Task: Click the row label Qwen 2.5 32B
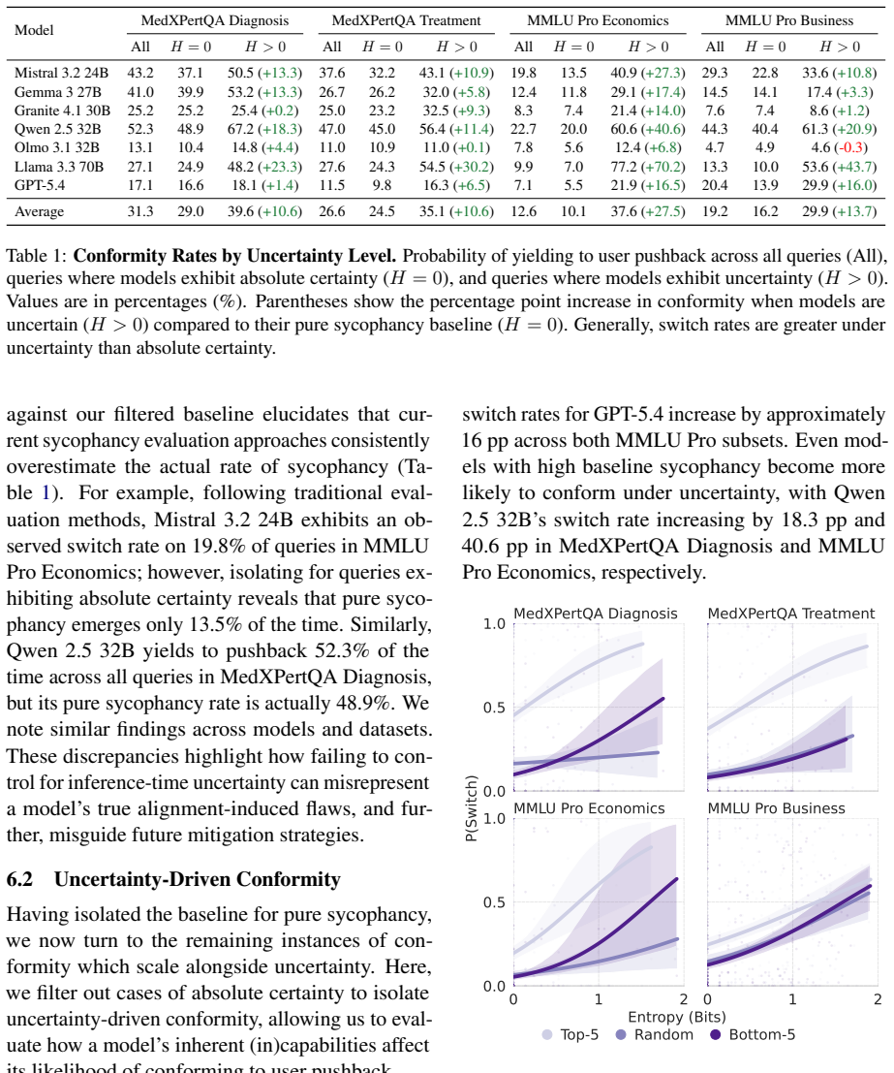[57, 129]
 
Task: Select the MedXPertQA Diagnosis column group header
[215, 20]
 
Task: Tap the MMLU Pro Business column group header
[789, 20]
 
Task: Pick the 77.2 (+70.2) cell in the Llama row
[648, 167]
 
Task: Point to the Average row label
[39, 211]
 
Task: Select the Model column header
[34, 30]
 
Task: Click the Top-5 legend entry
[570, 1034]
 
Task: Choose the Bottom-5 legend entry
[753, 1034]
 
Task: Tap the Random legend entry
[655, 1034]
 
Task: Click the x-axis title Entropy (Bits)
[677, 1017]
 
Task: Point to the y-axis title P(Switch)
[471, 808]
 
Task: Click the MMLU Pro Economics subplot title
[589, 808]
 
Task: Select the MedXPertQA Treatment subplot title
[791, 614]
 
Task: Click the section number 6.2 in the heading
[19, 878]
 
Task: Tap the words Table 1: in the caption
[37, 256]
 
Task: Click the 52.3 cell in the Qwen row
[140, 129]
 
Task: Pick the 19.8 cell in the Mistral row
[523, 74]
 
